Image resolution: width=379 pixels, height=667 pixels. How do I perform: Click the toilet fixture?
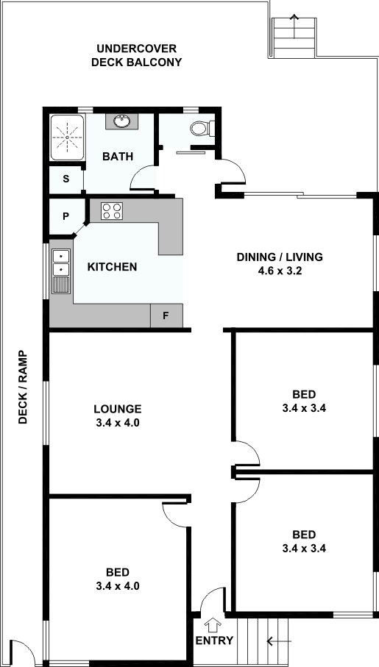click(x=202, y=128)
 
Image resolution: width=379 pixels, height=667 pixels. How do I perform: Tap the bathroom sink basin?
click(x=123, y=121)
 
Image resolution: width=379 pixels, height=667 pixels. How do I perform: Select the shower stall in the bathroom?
click(x=67, y=138)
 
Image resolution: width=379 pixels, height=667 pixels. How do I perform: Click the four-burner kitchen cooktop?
click(x=112, y=211)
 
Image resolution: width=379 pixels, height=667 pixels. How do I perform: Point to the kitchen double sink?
click(x=61, y=271)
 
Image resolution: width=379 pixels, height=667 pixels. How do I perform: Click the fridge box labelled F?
click(x=166, y=315)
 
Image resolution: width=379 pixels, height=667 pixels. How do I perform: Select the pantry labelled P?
click(x=65, y=216)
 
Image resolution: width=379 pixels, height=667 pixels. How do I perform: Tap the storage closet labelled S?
click(x=66, y=179)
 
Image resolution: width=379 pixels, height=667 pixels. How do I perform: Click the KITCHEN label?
click(x=112, y=267)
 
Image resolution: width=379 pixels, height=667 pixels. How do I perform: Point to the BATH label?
click(x=118, y=157)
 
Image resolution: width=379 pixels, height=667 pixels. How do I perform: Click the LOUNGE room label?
click(x=118, y=409)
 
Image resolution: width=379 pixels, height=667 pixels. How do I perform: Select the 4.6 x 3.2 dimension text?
click(x=280, y=271)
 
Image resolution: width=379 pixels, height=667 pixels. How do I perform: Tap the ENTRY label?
click(x=214, y=641)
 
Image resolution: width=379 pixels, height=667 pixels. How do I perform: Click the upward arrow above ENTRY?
click(x=213, y=626)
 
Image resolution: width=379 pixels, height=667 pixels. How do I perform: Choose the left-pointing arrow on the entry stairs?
click(x=279, y=641)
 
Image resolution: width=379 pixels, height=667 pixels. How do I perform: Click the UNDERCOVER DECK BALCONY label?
click(x=136, y=55)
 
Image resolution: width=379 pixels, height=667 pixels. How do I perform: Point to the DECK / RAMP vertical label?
click(x=23, y=387)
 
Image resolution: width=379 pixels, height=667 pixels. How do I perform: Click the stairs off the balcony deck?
click(x=294, y=38)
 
